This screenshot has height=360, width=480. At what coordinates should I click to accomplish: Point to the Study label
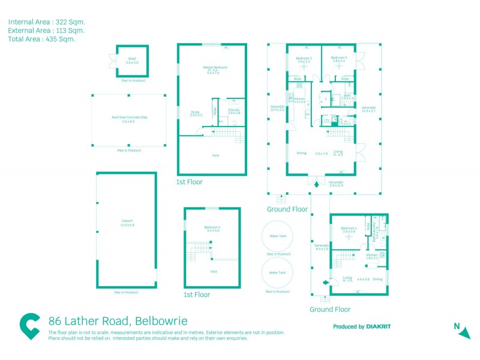click(196, 113)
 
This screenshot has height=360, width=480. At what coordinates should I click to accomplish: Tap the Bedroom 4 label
click(349, 229)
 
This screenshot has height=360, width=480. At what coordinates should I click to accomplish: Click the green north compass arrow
click(464, 332)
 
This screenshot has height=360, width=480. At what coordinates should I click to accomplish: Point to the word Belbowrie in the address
click(163, 321)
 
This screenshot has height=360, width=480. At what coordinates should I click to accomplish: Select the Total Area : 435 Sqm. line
click(41, 39)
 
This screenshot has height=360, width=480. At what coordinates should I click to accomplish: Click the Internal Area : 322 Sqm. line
click(46, 22)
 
